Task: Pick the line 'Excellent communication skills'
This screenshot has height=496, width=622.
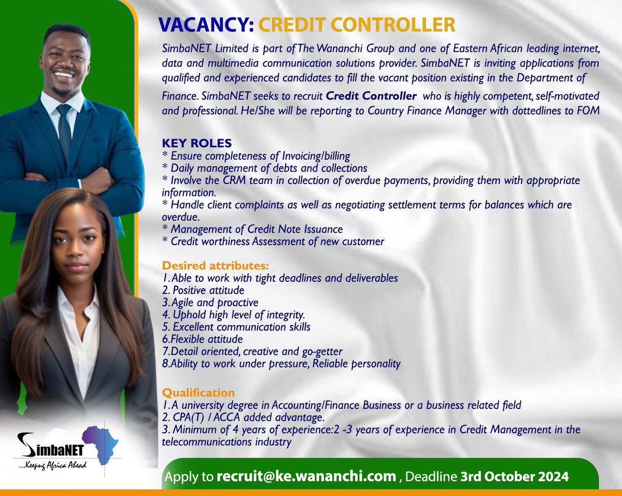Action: (x=241, y=327)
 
